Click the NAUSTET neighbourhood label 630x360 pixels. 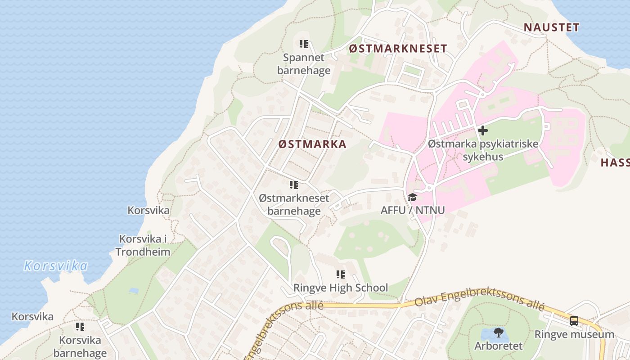(551, 27)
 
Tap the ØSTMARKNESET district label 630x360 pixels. (398, 49)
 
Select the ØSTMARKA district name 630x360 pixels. (312, 144)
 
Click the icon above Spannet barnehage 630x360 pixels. (304, 44)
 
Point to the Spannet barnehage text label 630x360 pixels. (304, 64)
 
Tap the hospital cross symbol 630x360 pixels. (483, 131)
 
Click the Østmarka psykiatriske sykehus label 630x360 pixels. (483, 150)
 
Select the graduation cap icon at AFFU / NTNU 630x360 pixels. (412, 197)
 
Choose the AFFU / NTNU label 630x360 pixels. (412, 210)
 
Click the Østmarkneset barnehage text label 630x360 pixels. (294, 204)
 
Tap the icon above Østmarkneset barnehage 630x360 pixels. (294, 184)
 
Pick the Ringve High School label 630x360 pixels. (341, 288)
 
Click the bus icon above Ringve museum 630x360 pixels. (574, 321)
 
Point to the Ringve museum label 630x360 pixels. (574, 334)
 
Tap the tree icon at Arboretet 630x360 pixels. (498, 333)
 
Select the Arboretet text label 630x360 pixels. (499, 346)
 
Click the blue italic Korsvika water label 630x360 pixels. (56, 266)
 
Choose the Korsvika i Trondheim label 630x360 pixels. (143, 245)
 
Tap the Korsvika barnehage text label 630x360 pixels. (80, 346)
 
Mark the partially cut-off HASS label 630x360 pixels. (615, 163)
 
